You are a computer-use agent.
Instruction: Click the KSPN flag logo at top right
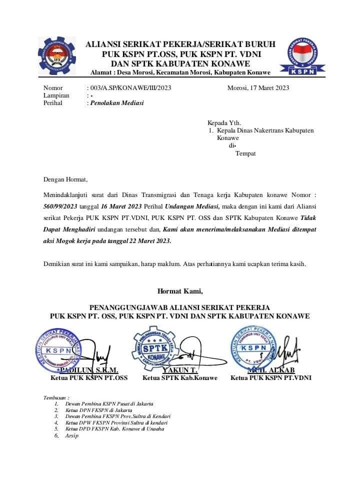(x=304, y=57)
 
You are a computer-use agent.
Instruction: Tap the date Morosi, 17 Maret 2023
(x=258, y=88)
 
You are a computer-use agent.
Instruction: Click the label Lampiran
(x=56, y=95)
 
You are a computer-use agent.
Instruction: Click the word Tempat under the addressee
(x=245, y=153)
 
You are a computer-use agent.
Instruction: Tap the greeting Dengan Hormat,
(x=65, y=179)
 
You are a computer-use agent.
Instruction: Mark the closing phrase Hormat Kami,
(x=180, y=290)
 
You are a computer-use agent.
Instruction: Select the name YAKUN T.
(x=180, y=370)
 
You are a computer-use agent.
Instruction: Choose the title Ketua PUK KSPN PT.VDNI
(x=270, y=378)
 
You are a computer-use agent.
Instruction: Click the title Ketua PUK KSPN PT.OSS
(x=89, y=378)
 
